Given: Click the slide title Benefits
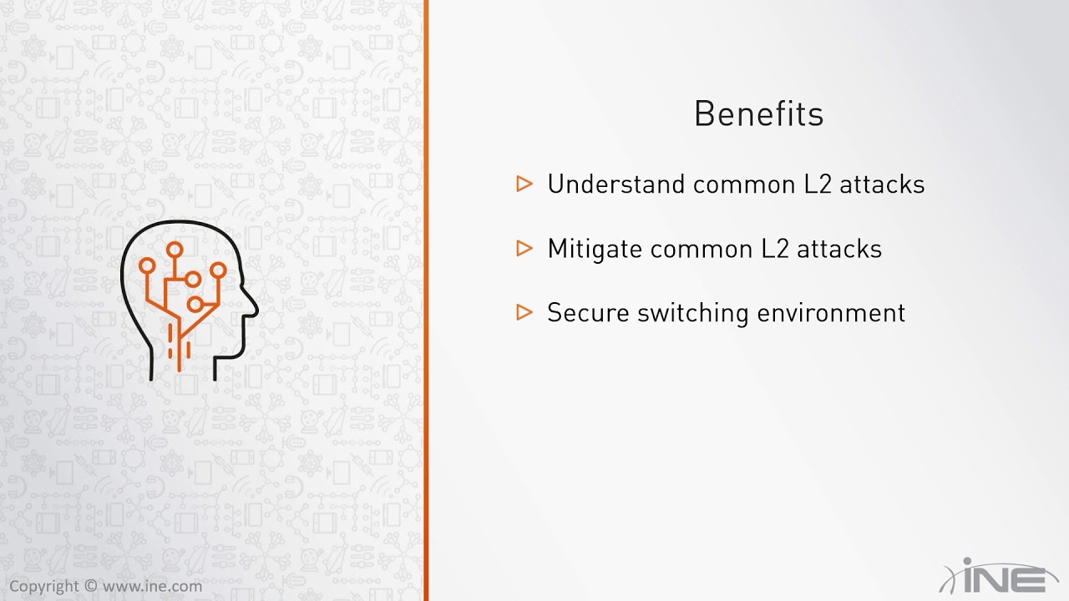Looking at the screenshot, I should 758,114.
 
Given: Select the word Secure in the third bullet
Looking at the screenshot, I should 588,313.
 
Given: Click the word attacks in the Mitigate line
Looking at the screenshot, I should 839,249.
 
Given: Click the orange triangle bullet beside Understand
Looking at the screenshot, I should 524,184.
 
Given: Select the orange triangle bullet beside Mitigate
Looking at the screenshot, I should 524,248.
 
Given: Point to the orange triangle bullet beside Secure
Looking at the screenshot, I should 524,312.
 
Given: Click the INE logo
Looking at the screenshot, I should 999,576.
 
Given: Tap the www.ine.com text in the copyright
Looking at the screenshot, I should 152,586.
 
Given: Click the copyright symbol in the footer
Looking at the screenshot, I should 91,586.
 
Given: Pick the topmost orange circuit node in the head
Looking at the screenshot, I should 175,249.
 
